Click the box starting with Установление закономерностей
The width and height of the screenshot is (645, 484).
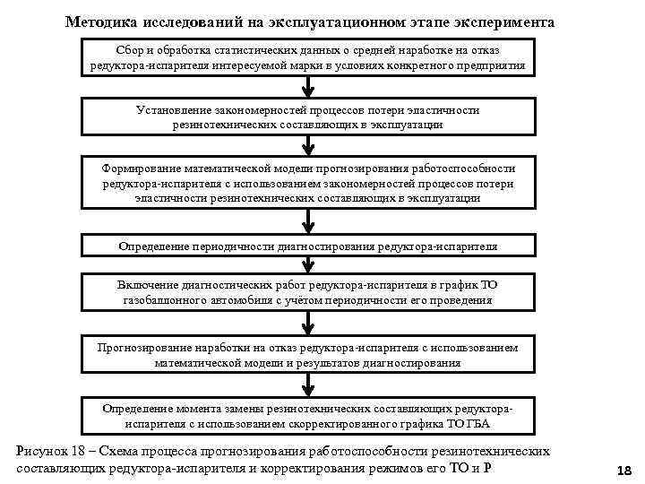(x=307, y=117)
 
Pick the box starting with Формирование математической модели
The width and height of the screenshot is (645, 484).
(x=307, y=183)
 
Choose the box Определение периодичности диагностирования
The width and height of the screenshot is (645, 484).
(x=307, y=246)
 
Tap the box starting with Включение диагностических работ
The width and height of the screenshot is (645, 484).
(x=307, y=292)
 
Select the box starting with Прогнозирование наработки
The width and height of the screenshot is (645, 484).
(x=307, y=355)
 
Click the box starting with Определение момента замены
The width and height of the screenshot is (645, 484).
(x=307, y=414)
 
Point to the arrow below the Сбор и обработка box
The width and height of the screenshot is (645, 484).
(x=307, y=87)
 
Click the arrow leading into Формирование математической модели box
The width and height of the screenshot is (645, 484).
(x=307, y=145)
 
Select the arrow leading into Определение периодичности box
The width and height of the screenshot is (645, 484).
(x=307, y=221)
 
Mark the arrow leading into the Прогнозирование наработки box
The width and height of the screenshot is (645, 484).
(x=307, y=324)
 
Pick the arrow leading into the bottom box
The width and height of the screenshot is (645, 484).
(x=307, y=385)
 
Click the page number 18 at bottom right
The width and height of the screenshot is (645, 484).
(x=624, y=471)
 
